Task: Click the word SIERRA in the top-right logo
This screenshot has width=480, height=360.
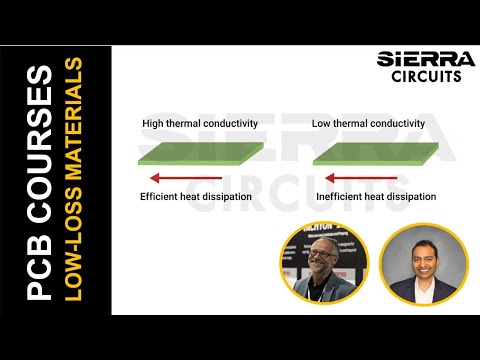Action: coord(420,59)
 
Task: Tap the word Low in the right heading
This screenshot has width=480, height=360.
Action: coord(321,124)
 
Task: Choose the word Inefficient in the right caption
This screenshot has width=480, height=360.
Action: coord(339,197)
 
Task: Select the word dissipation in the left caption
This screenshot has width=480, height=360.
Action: coord(233,197)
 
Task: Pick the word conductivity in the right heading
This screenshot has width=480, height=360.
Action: coord(397,124)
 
